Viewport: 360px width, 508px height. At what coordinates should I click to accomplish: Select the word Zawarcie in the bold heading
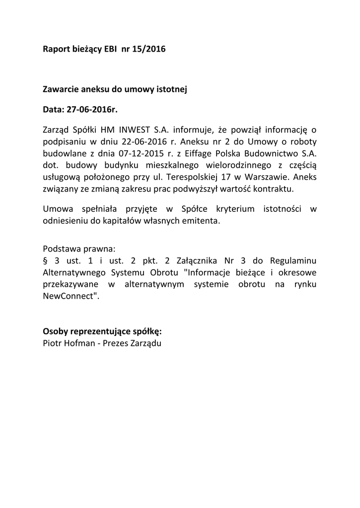coord(61,90)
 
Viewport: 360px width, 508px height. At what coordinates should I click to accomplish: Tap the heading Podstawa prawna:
coord(79,248)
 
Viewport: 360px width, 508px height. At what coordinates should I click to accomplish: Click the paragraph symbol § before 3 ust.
coord(45,261)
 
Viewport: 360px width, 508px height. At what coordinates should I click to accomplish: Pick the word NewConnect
coord(69,295)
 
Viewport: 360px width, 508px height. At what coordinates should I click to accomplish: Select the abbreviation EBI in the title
coord(109,49)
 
